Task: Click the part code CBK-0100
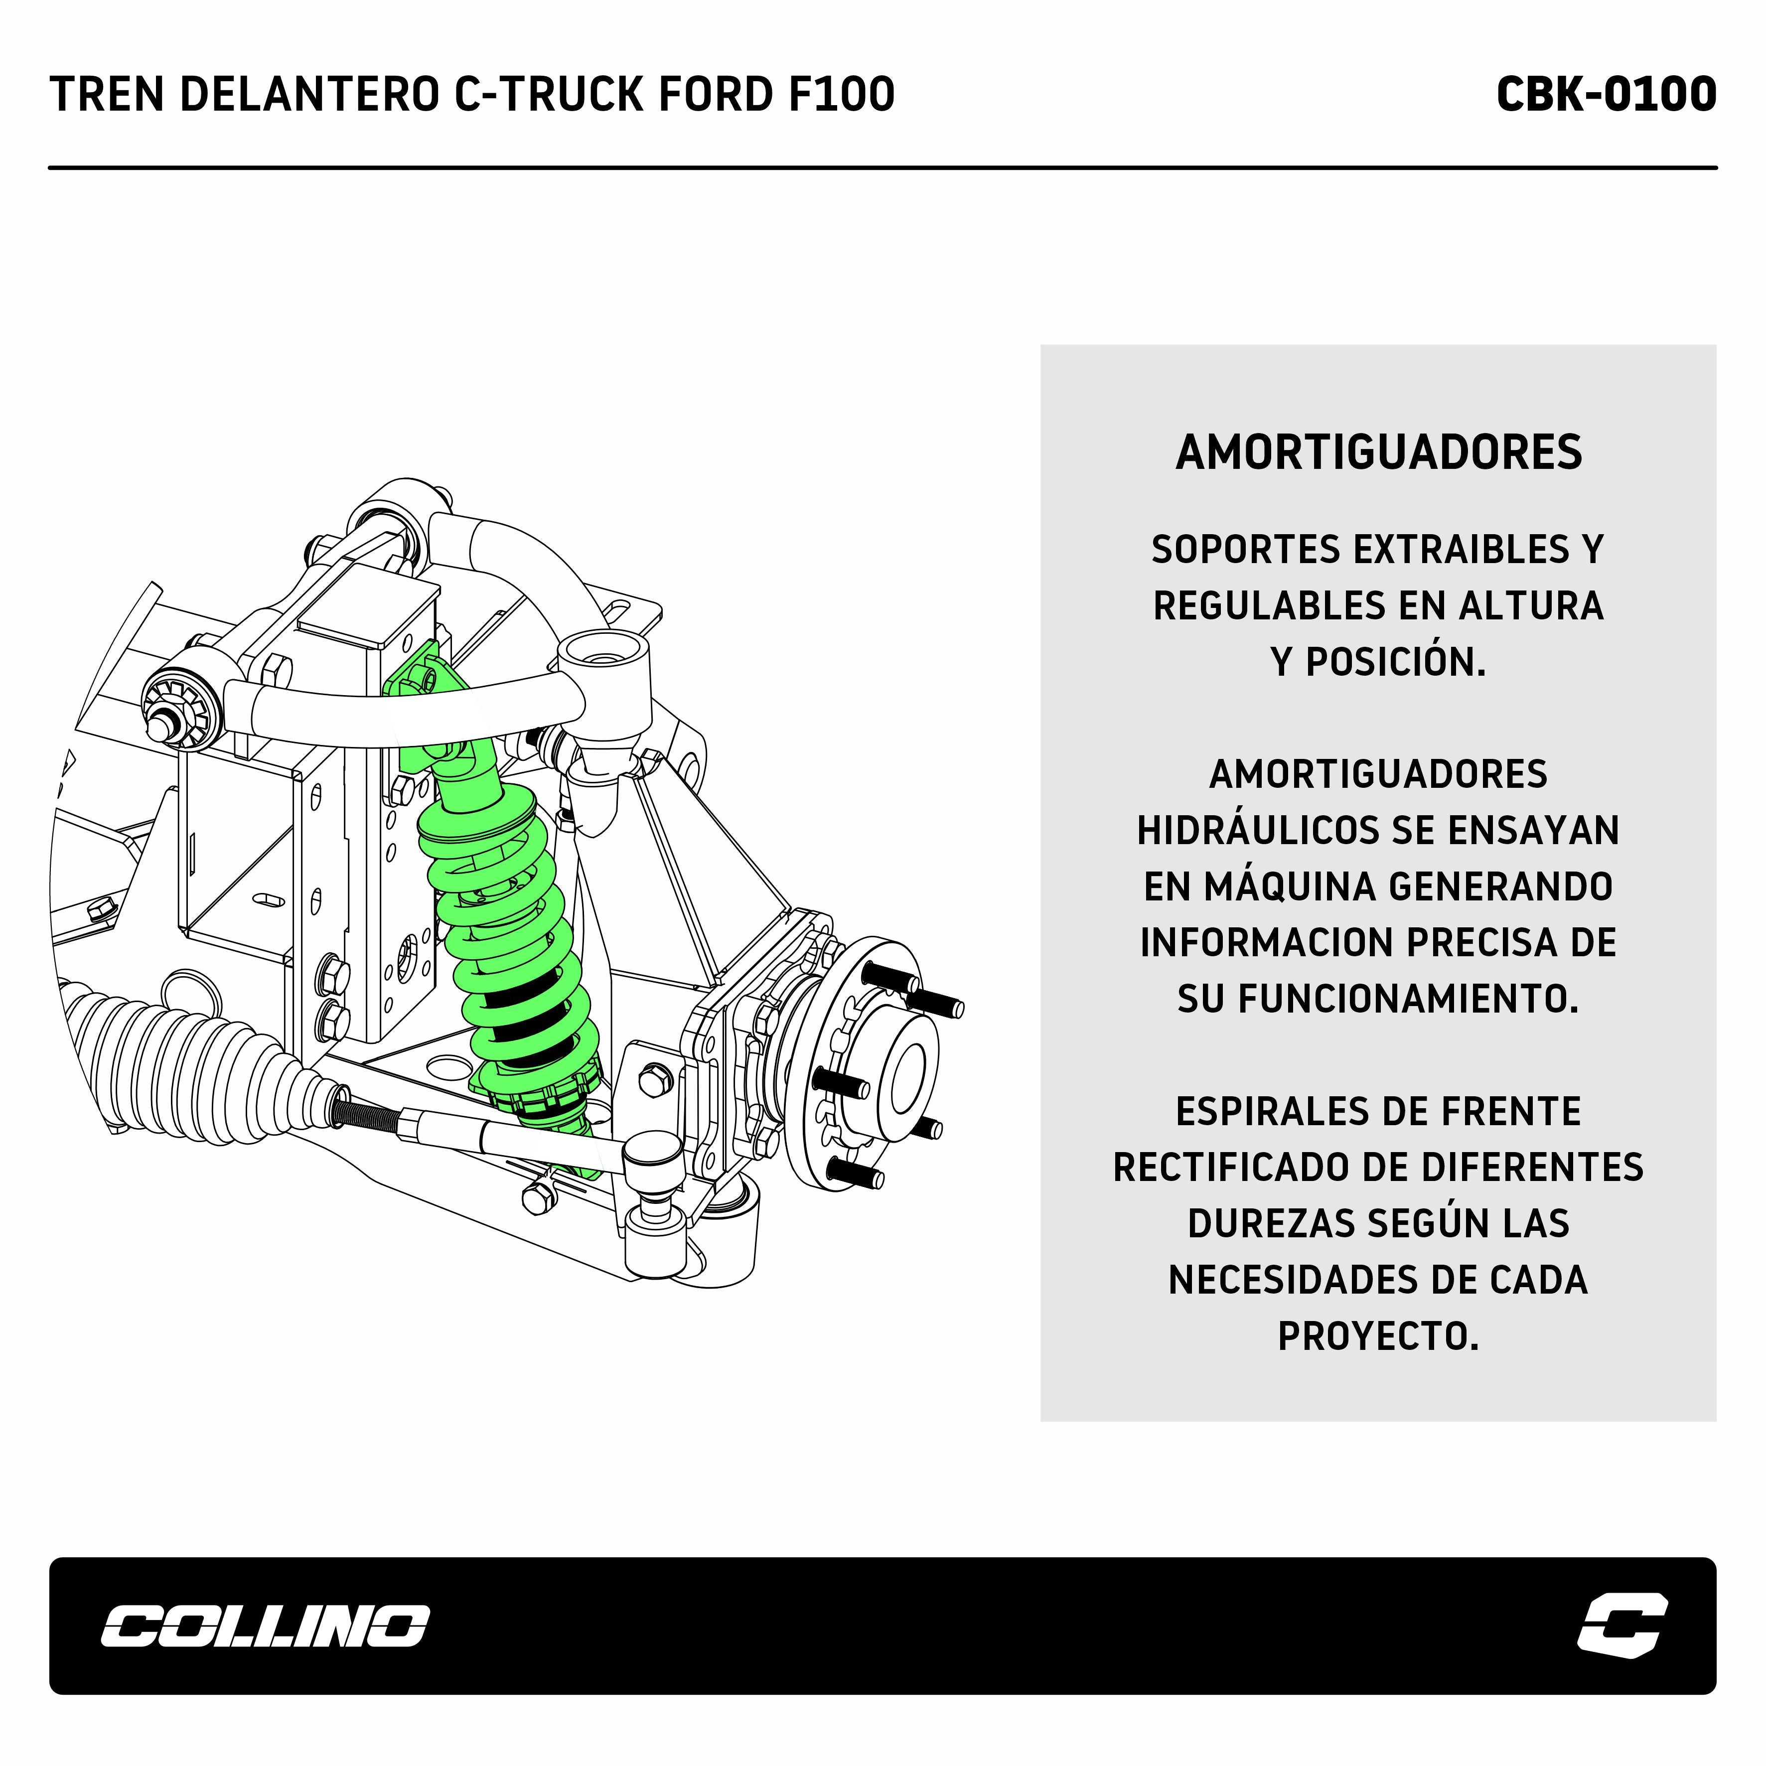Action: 1606,94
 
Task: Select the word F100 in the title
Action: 843,94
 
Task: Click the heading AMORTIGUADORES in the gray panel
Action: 1378,452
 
